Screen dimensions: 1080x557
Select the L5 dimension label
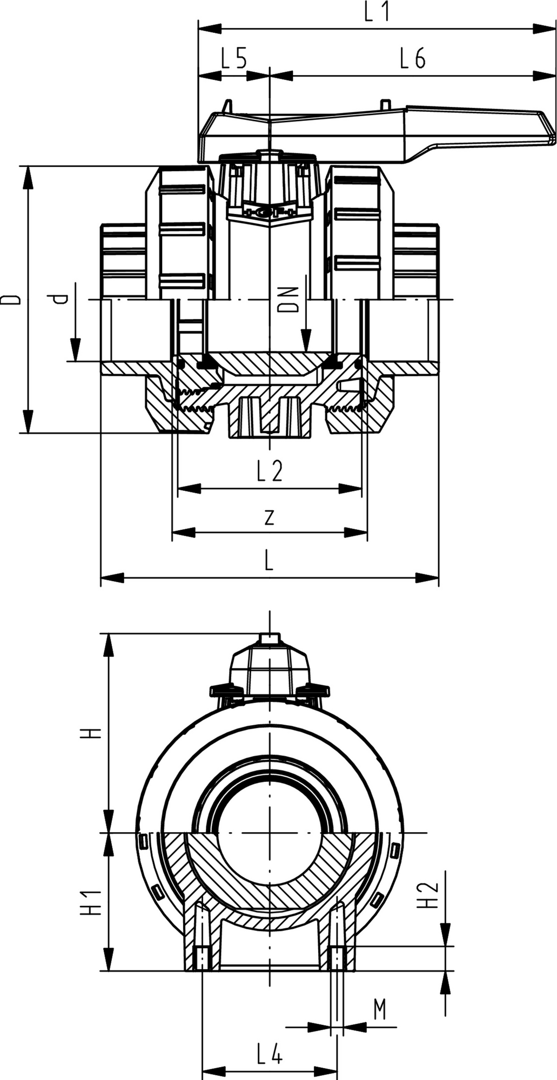234,58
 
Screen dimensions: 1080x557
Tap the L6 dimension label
413,58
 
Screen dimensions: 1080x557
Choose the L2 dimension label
270,471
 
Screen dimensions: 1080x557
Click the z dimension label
270,517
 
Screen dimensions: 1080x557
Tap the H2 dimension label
430,895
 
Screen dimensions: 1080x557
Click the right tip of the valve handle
553,139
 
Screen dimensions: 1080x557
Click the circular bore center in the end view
270,833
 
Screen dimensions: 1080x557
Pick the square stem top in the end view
270,638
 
